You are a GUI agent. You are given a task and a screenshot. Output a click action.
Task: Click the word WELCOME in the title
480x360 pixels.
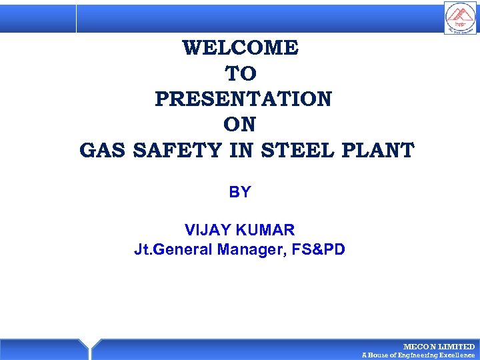point(240,48)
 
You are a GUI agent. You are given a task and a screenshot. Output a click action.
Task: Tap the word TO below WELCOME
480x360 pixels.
point(240,73)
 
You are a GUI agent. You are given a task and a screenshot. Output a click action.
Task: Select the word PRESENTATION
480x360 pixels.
point(243,99)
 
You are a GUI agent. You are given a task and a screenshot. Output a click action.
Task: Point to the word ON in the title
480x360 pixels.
point(240,125)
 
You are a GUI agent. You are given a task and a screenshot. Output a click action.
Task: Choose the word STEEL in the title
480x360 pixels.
point(297,151)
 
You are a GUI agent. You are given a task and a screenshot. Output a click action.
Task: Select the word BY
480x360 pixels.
point(240,192)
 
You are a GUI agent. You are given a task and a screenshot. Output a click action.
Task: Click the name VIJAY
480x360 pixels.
point(206,231)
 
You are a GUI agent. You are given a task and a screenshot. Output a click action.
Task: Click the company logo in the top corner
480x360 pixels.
point(461,18)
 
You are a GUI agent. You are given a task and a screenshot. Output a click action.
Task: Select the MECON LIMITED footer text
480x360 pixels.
point(439,347)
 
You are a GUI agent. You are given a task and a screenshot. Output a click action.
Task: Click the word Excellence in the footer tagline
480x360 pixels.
point(457,355)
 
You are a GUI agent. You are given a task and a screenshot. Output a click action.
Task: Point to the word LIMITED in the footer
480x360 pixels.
point(457,347)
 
